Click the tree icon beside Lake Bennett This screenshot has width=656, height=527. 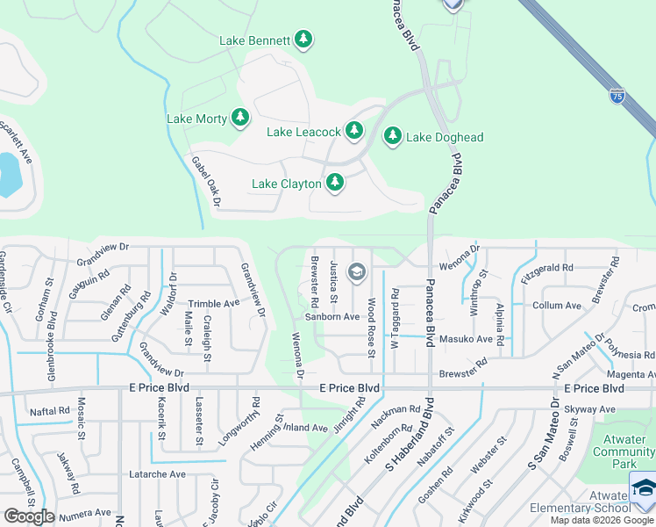pos(303,40)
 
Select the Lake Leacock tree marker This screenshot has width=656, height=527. pos(353,131)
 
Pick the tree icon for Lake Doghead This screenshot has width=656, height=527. pos(392,136)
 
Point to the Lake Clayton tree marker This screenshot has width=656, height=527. pos(334,183)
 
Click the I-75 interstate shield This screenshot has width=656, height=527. pos(617,92)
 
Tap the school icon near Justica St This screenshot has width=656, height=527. pos(356,272)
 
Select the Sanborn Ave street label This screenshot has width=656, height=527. pos(332,316)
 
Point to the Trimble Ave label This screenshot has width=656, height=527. pos(213,303)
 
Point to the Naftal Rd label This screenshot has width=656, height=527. pos(49,410)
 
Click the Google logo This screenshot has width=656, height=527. pos(30,516)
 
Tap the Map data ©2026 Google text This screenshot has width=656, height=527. pos(602,520)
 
